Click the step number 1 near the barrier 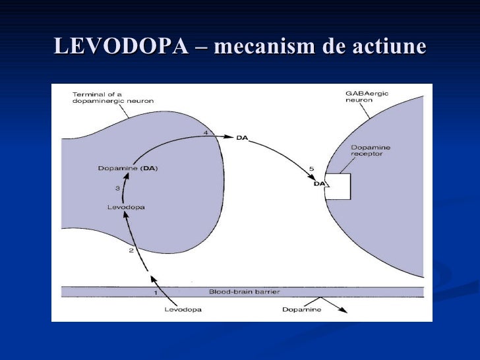click(156, 292)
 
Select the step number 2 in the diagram click(131, 251)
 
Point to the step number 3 click(117, 189)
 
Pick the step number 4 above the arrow click(206, 133)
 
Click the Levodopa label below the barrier click(183, 310)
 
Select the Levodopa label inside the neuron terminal click(126, 207)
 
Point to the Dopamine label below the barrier click(302, 310)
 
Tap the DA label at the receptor click(320, 184)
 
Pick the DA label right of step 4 click(242, 138)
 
